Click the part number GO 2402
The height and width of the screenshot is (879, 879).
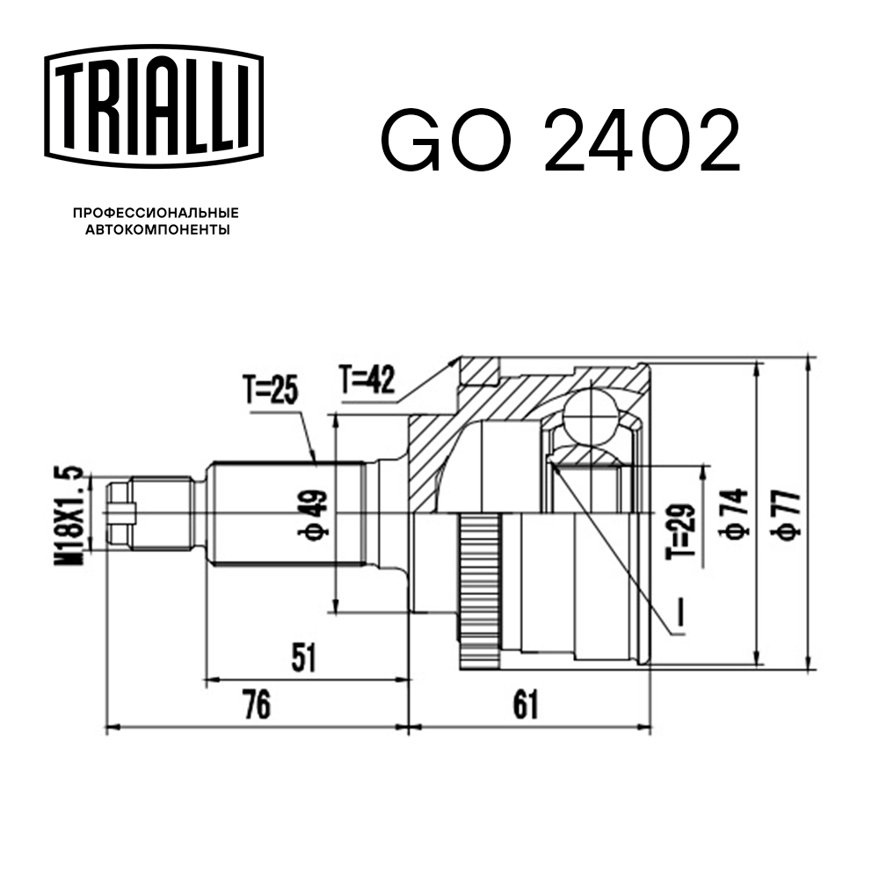point(560,142)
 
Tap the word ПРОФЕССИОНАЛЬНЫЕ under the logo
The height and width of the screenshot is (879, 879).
point(156,214)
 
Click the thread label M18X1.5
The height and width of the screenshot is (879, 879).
point(74,514)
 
